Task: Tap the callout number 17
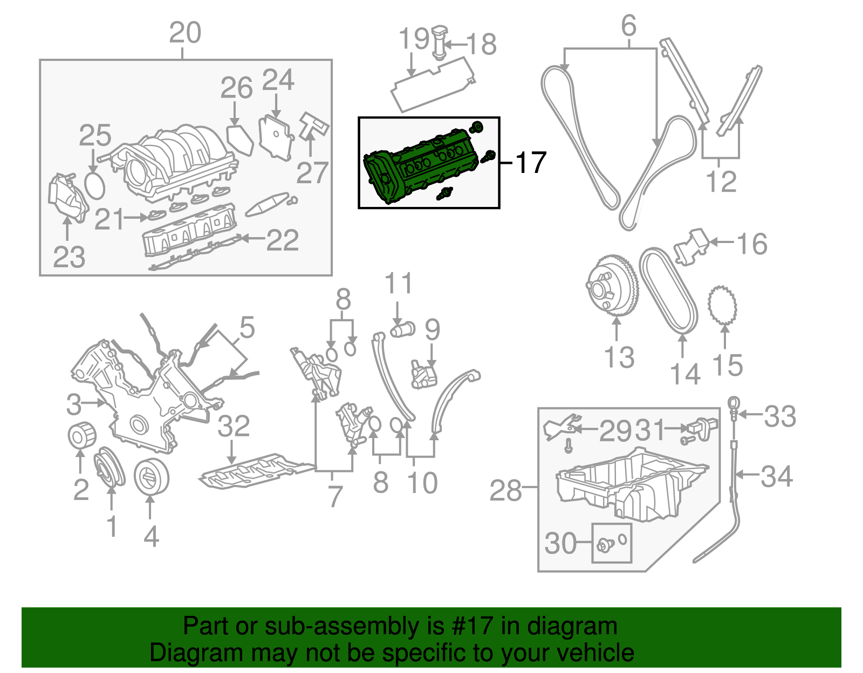[531, 162]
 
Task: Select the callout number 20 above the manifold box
[185, 33]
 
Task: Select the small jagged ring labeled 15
[723, 306]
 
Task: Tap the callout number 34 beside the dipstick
[777, 476]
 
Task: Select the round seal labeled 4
[151, 477]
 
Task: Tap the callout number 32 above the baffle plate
[234, 426]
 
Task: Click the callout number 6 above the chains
[629, 25]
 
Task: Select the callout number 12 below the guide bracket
[721, 181]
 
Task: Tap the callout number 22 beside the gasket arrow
[283, 240]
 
